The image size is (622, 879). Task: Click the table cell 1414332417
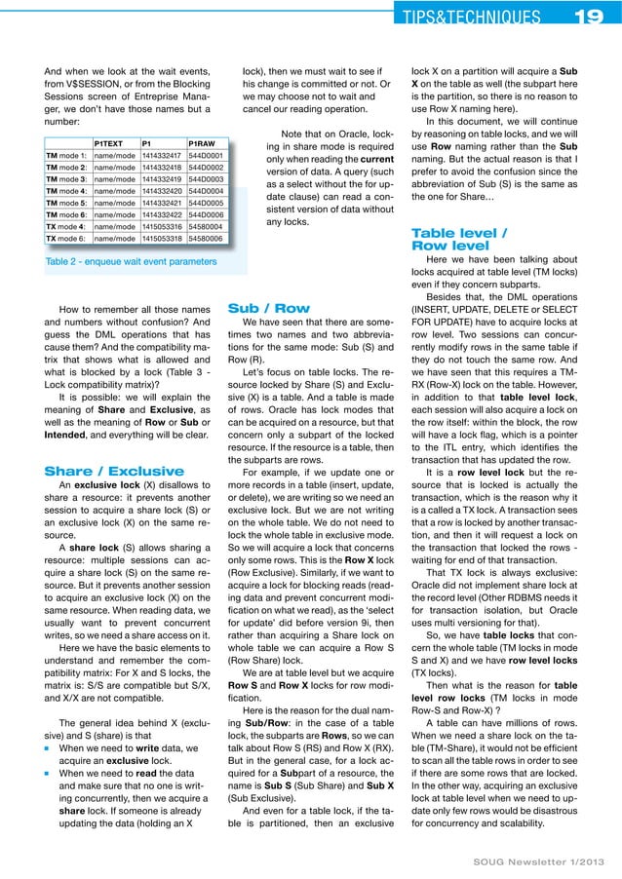(x=162, y=154)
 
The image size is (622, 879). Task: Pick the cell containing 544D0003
(x=206, y=179)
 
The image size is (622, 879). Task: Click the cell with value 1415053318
(x=162, y=238)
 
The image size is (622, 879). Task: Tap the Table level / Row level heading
(x=459, y=240)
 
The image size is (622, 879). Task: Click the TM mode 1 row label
(x=67, y=154)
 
